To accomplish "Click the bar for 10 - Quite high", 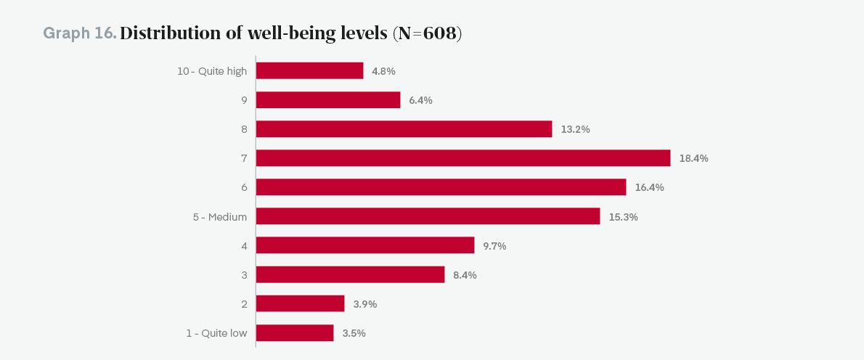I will point(309,70).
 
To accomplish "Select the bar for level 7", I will point(462,158).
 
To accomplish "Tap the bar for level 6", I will point(441,187).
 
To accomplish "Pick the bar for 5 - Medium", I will point(428,216).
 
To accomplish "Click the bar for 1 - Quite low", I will point(295,333).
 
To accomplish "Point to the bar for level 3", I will point(350,275).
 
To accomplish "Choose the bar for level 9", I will point(328,99).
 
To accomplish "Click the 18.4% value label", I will point(693,158).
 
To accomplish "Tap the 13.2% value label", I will point(575,129).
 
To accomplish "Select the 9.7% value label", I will point(494,246).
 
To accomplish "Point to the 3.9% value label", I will point(364,304).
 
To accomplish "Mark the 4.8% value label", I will point(383,71).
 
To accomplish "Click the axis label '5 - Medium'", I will point(220,217).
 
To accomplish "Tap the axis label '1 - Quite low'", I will point(216,333).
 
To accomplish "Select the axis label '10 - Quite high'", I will point(212,71).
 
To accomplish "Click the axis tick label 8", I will point(244,129).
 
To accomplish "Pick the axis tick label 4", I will point(244,246).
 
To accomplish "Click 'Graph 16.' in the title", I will point(80,33).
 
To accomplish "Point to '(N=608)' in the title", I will point(427,33).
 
